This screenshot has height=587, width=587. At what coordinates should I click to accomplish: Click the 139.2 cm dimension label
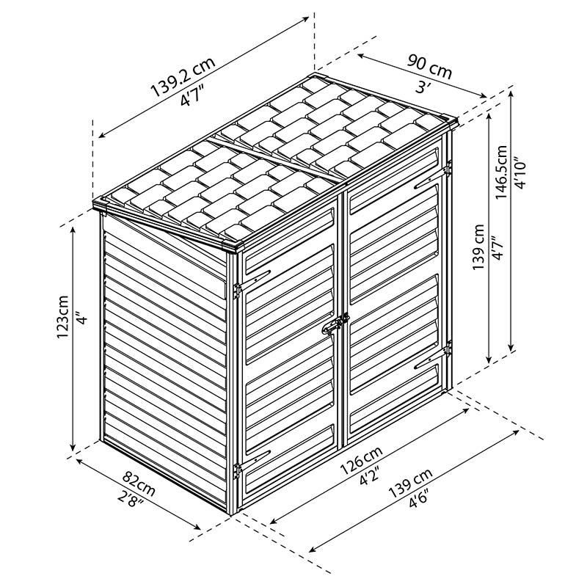click(x=183, y=77)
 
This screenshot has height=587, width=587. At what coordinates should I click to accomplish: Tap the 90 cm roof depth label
click(x=430, y=68)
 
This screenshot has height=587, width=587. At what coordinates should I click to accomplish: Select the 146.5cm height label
click(x=502, y=172)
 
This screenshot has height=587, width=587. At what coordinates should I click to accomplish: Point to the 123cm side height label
click(x=62, y=317)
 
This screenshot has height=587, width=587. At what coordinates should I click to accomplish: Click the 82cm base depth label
click(x=139, y=481)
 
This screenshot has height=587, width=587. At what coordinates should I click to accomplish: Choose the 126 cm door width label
click(x=361, y=460)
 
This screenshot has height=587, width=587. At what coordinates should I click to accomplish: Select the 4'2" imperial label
click(x=370, y=475)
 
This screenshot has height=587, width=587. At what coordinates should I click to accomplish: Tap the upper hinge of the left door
click(x=237, y=290)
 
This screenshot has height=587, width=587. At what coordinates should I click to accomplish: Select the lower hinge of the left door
click(x=236, y=470)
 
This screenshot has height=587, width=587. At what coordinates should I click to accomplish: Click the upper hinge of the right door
click(x=448, y=168)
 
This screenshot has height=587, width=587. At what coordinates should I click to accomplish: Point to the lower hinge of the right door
click(x=448, y=349)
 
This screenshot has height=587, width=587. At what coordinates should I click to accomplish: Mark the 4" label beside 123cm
click(x=82, y=318)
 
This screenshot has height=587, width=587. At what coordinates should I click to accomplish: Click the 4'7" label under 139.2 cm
click(x=192, y=96)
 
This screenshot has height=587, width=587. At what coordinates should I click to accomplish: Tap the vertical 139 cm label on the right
click(x=478, y=247)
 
